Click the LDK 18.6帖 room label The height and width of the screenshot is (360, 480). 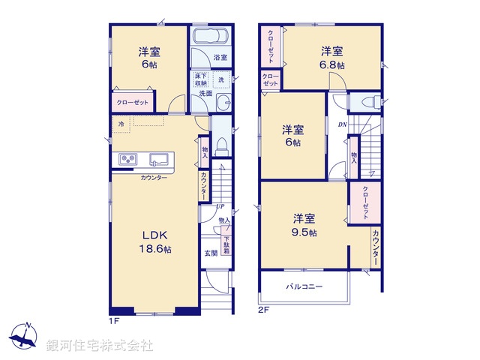coord(154,242)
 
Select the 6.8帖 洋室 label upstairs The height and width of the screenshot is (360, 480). coord(333,58)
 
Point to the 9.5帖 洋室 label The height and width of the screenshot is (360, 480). coord(304,225)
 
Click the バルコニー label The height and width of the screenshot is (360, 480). coord(304,286)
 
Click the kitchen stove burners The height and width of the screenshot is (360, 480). coord(126,158)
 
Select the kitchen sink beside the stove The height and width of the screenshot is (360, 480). coord(159,158)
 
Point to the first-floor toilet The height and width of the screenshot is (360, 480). coord(222,145)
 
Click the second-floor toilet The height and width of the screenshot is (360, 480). coord(368,102)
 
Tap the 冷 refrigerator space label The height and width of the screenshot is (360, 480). coord(120,124)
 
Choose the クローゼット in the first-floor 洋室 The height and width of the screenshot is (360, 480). coord(133,102)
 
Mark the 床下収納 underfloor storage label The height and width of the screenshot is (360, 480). coord(200,79)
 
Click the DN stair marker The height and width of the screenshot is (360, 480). coord(342,124)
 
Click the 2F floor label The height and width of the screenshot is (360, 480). coord(264,309)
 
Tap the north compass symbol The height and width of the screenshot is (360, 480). coord(26,335)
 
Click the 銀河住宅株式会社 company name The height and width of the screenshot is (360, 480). coord(100,345)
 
